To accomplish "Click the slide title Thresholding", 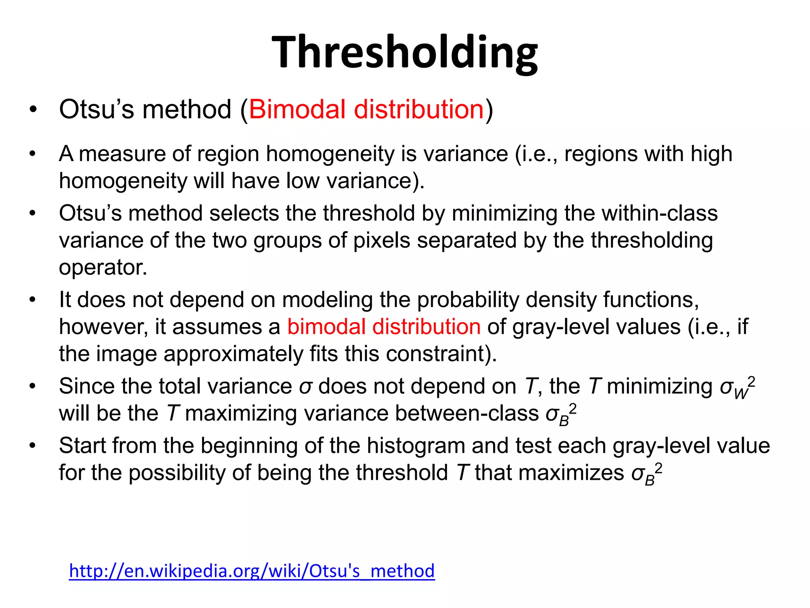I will (x=405, y=53).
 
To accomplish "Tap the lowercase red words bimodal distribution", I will (x=384, y=327).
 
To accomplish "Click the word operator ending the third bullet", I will (x=102, y=268).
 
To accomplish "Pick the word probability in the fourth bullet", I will (x=467, y=300).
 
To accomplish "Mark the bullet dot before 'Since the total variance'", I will (x=32, y=386).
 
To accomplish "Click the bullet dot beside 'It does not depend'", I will (x=32, y=300).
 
